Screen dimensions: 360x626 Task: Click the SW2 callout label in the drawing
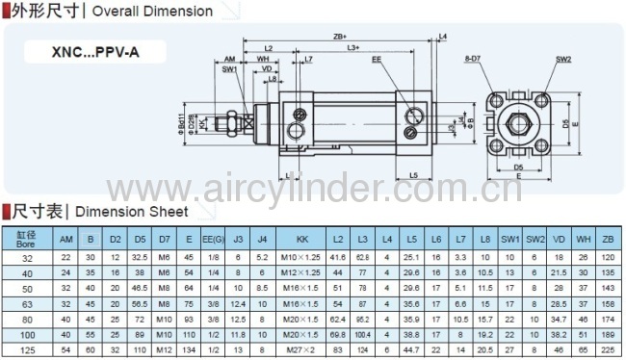click(563, 59)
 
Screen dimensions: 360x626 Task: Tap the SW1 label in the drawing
click(229, 69)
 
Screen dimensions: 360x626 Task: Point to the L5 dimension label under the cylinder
click(412, 176)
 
